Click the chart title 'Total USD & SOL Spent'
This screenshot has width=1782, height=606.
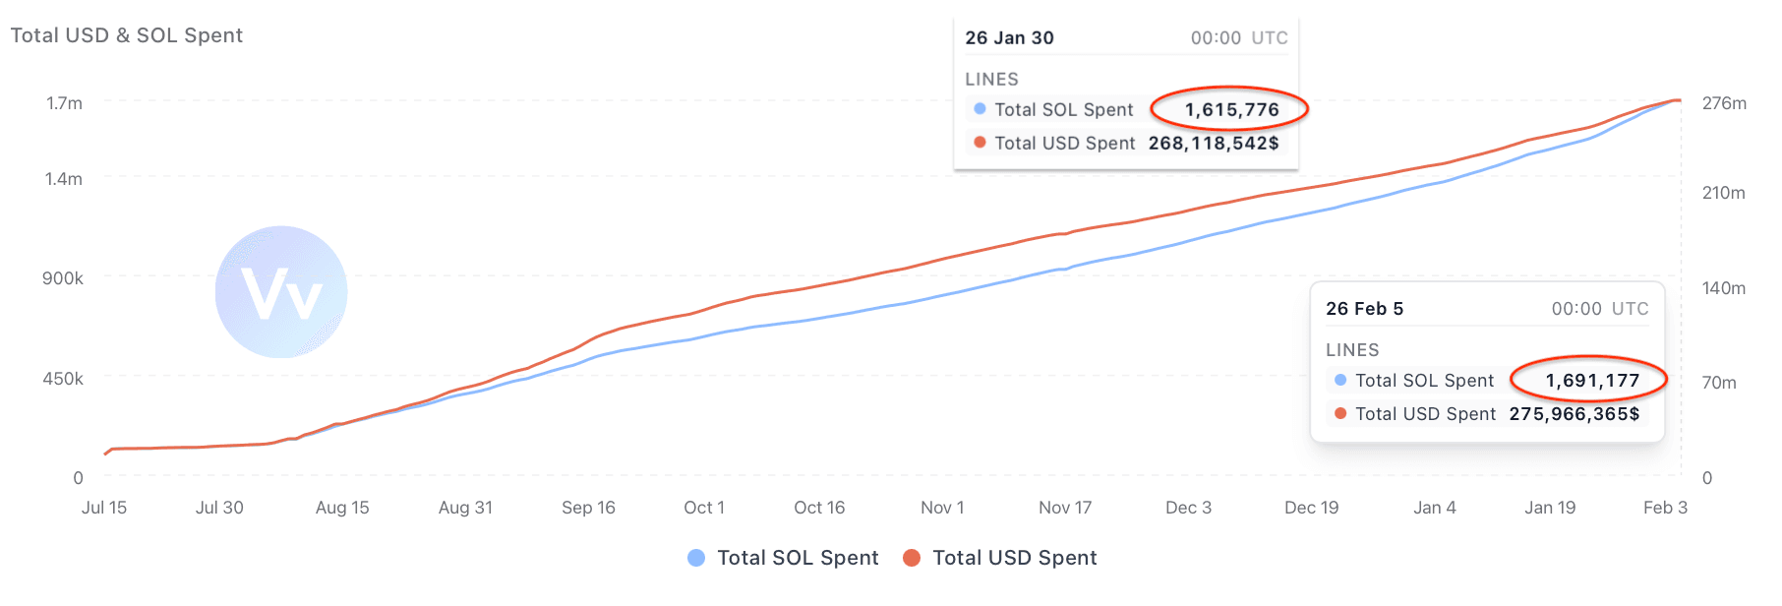(x=126, y=35)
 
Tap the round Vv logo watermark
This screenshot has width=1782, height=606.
(x=281, y=292)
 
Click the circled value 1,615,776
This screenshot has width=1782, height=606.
(x=1230, y=109)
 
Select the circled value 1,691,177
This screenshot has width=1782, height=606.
(x=1591, y=380)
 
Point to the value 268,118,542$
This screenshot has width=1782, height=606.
(x=1213, y=143)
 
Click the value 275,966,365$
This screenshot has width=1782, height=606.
(x=1574, y=413)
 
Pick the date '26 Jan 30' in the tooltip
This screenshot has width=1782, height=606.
(x=1009, y=37)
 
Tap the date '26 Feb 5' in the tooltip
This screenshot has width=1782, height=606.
(x=1364, y=308)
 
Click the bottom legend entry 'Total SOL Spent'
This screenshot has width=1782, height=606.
(x=797, y=558)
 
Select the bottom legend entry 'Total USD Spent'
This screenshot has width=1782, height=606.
(x=1013, y=558)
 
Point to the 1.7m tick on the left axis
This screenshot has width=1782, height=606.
(x=64, y=103)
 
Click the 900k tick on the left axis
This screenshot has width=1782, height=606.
(x=63, y=278)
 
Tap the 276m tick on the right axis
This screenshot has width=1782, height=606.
(x=1724, y=103)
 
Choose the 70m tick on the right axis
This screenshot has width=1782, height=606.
(x=1719, y=383)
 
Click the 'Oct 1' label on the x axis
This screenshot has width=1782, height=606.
(x=704, y=508)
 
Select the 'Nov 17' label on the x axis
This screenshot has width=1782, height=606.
(x=1065, y=508)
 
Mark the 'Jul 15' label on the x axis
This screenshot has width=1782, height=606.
(x=104, y=508)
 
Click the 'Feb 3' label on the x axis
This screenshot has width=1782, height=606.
(x=1665, y=508)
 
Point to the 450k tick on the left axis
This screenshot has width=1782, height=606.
(x=63, y=379)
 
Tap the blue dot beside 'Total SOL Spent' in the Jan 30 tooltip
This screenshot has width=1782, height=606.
(x=980, y=109)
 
